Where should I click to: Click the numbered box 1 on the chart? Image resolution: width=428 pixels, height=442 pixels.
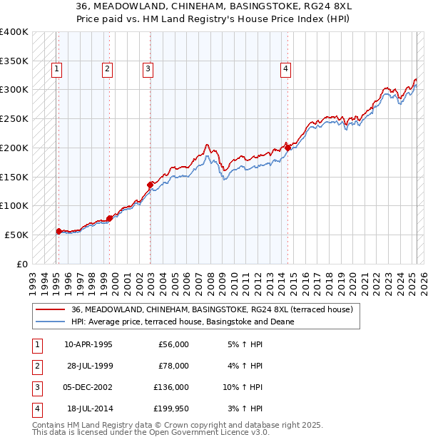click(x=56, y=69)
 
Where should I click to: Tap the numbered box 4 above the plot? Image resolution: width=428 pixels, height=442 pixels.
click(x=285, y=69)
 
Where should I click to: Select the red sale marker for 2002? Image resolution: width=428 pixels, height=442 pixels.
click(x=151, y=185)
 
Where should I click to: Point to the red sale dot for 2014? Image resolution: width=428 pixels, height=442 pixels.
click(x=287, y=148)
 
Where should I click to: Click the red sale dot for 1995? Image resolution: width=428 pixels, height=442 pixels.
click(x=58, y=231)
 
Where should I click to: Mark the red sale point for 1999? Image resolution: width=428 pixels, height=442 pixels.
click(x=109, y=218)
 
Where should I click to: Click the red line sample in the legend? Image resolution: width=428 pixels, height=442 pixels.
click(x=50, y=309)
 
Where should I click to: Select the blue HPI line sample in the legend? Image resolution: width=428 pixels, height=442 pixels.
click(x=50, y=322)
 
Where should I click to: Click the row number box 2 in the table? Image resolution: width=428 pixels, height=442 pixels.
click(x=36, y=366)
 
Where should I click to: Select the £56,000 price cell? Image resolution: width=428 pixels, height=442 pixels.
click(x=173, y=344)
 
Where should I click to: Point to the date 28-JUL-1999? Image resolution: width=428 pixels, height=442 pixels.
click(x=88, y=366)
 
